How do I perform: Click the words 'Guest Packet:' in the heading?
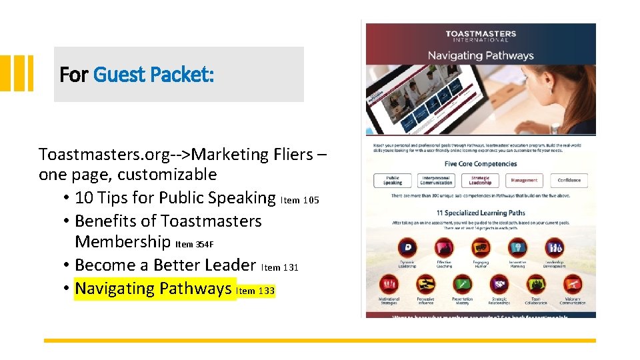click(x=153, y=75)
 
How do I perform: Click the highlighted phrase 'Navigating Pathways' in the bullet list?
click(x=153, y=289)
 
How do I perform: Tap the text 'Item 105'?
click(x=305, y=200)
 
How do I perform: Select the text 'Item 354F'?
click(x=194, y=244)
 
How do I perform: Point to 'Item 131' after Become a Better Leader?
click(x=280, y=267)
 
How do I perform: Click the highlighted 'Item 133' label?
click(x=256, y=291)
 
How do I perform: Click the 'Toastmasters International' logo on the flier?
click(x=480, y=36)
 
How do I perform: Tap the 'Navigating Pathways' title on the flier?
click(x=480, y=55)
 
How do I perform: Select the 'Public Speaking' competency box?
click(x=393, y=180)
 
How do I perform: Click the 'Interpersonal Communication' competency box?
click(x=436, y=180)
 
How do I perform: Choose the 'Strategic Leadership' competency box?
click(x=480, y=180)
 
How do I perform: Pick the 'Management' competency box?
click(x=524, y=180)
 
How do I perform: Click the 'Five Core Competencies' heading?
click(x=480, y=164)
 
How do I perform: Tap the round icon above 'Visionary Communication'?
click(x=572, y=285)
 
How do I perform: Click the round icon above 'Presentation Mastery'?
click(x=461, y=285)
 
